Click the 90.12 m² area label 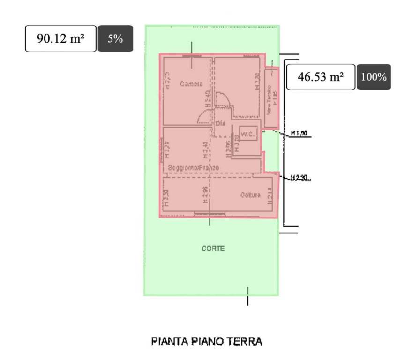pos(60,38)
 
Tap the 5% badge pos(115,38)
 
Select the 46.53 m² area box pos(321,77)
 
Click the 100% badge pos(374,77)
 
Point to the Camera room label pos(191,84)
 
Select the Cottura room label pos(250,195)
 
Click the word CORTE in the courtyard pos(213,248)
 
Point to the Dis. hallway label pos(221,123)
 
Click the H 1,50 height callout pos(299,134)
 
